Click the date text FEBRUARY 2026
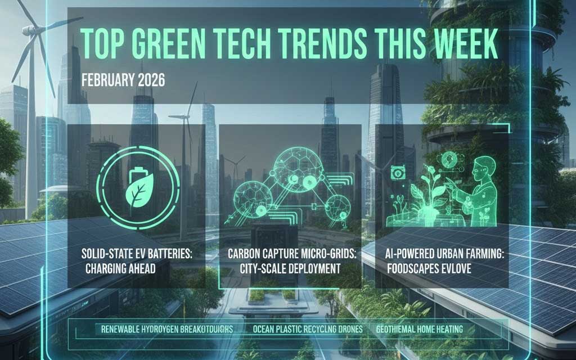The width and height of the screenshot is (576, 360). pyautogui.click(x=123, y=80)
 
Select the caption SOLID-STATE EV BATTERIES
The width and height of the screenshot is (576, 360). pyautogui.click(x=136, y=254)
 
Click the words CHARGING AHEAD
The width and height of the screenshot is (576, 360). pyautogui.click(x=120, y=268)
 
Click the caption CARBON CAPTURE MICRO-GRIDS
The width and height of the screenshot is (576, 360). pyautogui.click(x=292, y=254)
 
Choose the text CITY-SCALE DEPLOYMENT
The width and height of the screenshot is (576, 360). pyautogui.click(x=284, y=268)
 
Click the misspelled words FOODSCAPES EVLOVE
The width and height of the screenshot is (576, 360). pyautogui.click(x=429, y=268)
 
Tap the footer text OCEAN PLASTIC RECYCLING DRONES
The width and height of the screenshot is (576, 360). pyautogui.click(x=308, y=328)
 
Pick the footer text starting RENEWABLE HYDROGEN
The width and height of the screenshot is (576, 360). pyautogui.click(x=167, y=328)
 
